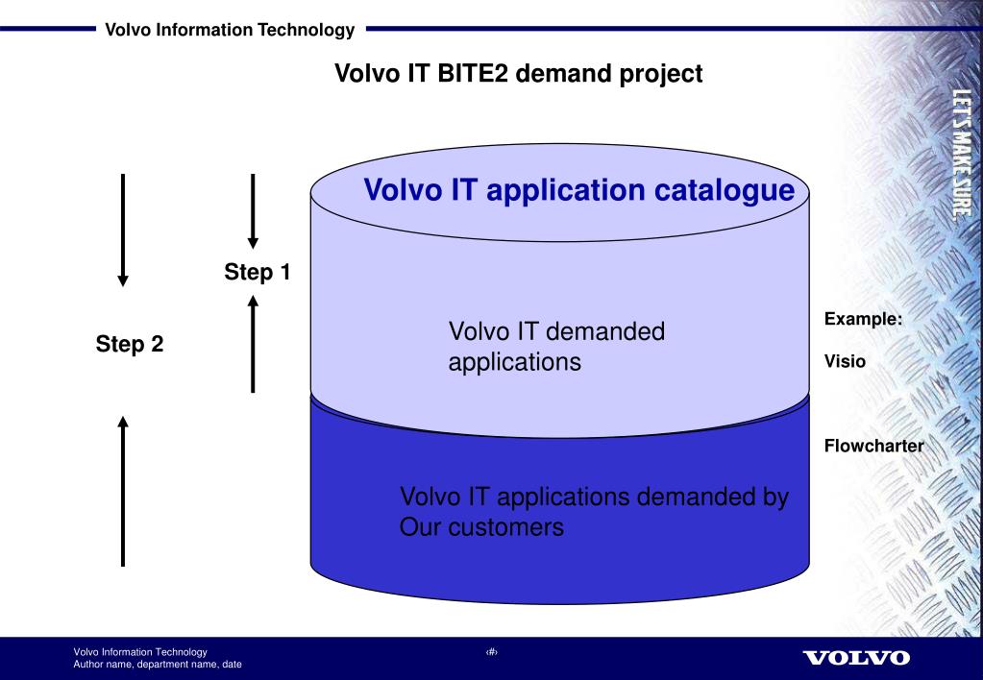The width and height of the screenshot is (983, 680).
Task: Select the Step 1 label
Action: coord(258,273)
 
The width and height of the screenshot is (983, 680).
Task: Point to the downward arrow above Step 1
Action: coord(252,210)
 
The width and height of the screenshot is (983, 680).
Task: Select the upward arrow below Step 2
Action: coord(123,489)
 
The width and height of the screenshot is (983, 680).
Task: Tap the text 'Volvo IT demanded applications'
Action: coord(556,348)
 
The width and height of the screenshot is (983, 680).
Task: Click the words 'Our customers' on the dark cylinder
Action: coord(480,527)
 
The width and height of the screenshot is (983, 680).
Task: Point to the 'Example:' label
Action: coord(863,319)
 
